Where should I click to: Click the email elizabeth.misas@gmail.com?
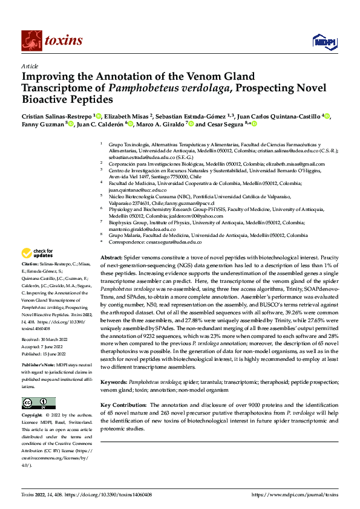click(296, 164)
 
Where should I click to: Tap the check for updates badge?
click(39, 253)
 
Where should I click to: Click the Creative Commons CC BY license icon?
click(39, 403)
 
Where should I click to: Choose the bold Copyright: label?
click(34, 416)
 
